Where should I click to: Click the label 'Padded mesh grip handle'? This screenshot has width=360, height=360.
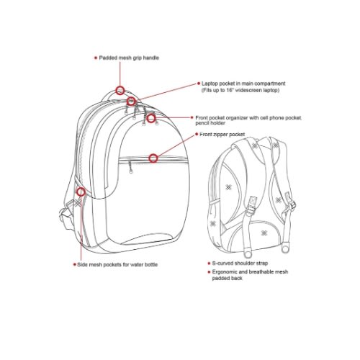coord(129,58)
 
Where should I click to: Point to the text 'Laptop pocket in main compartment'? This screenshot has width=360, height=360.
coord(243,84)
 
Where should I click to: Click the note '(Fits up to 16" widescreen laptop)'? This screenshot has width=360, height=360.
coord(240,90)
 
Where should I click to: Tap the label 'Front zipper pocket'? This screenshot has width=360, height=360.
coord(222,135)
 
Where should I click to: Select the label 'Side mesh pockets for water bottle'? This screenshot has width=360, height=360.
coord(117,264)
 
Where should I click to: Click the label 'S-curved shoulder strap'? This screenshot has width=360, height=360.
coord(240,263)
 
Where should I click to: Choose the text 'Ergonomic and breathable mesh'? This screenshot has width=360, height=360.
coord(250,272)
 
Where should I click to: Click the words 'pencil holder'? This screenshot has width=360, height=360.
coord(210,123)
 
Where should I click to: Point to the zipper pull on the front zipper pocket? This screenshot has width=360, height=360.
coord(130,167)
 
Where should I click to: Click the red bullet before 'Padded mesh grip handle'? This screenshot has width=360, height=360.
coord(96,58)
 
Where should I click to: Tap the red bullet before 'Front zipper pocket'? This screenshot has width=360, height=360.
coord(197,134)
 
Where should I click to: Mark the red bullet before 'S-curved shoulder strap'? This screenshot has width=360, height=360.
coord(209,264)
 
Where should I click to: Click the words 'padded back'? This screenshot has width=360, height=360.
coord(227,279)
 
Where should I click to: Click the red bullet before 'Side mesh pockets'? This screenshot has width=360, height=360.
coord(74,264)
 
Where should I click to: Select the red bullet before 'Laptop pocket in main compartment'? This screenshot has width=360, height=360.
coord(199,84)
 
